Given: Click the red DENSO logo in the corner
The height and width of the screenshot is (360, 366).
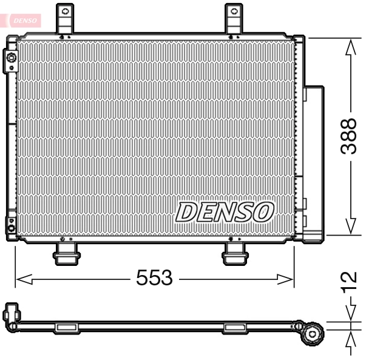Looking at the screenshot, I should point(22,20).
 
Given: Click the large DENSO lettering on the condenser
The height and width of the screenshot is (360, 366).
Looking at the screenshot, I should point(224,212).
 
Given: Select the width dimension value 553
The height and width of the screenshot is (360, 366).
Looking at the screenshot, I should point(154,279).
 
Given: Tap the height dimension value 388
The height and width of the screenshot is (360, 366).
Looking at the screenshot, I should point(348,136).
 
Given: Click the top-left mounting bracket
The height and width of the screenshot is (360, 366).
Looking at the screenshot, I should point(65,19).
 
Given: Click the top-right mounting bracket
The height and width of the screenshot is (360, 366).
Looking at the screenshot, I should point(234,19).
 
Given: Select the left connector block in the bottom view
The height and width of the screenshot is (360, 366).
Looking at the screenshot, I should point(12,315).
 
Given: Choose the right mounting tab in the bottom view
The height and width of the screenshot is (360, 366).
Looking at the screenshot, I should point(234,328).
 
